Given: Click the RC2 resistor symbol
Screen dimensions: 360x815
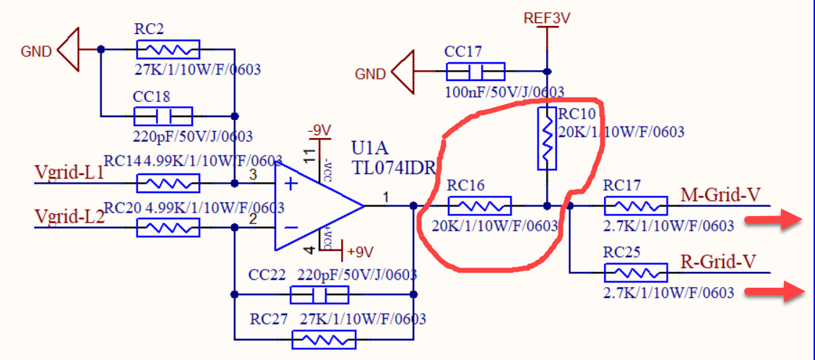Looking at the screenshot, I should pos(168,49).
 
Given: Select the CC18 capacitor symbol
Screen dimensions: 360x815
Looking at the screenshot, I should pos(163,116).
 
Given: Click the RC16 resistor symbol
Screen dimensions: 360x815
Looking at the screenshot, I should pos(480,205).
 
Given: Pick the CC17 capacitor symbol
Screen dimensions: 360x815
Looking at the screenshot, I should pos(475,71).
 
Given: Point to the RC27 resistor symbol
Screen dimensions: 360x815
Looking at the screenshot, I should pos(324,338).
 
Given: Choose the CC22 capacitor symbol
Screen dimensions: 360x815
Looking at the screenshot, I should pos(319,295).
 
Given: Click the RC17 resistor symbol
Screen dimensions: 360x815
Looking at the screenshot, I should pos(636,205).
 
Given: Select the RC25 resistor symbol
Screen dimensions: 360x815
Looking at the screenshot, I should pos(636,273).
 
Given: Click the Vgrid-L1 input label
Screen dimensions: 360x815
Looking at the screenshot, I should pos(69,173).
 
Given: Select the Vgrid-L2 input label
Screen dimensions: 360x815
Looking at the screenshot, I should pos(69,215).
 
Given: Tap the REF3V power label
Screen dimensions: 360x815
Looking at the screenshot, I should pos(547,18).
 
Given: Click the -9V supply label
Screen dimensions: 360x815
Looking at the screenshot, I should pos(319,131).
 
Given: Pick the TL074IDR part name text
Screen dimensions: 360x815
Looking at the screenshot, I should pos(394,168).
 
